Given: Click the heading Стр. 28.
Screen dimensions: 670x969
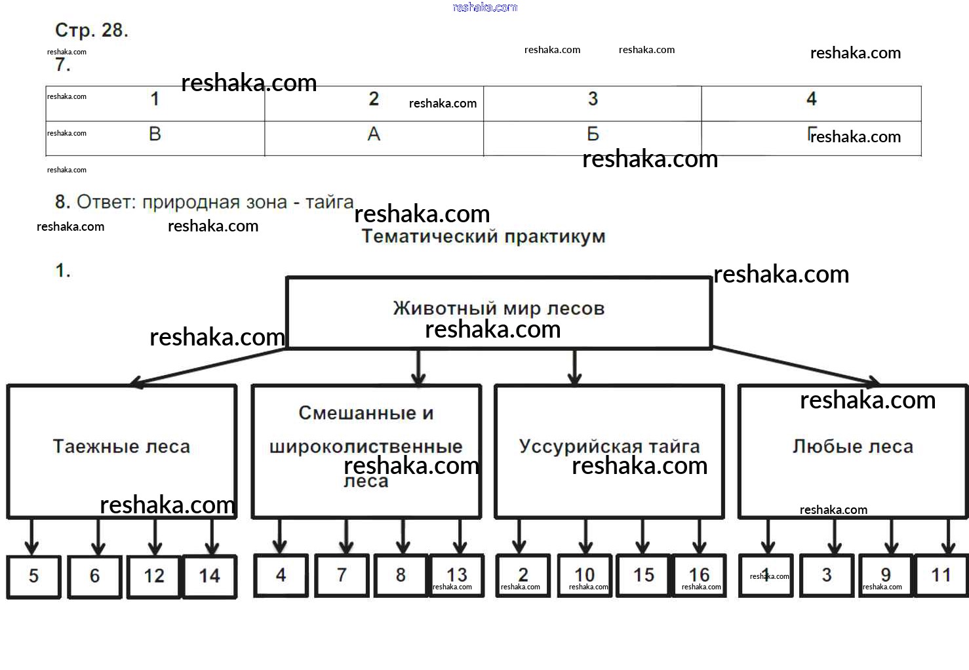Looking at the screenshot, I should pyautogui.click(x=91, y=30).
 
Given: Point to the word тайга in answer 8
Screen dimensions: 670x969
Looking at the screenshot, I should pyautogui.click(x=329, y=202).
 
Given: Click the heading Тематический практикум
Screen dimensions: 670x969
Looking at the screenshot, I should pyautogui.click(x=483, y=237).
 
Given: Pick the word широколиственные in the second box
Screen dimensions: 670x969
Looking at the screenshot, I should pyautogui.click(x=366, y=447).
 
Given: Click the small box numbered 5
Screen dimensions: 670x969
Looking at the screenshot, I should pyautogui.click(x=33, y=576).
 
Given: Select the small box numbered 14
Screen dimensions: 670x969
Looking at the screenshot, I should pyautogui.click(x=209, y=576).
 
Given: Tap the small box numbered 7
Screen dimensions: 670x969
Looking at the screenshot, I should pyautogui.click(x=342, y=576).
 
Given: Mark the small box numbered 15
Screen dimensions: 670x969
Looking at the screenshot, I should pyautogui.click(x=643, y=576).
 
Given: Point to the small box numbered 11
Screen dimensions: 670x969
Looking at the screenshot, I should pyautogui.click(x=941, y=576).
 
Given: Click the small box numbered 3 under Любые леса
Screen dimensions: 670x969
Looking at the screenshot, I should pyautogui.click(x=827, y=576).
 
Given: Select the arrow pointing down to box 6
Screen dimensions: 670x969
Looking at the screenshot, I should pyautogui.click(x=98, y=538).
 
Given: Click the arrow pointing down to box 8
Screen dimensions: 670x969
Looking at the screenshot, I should pyautogui.click(x=403, y=538).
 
